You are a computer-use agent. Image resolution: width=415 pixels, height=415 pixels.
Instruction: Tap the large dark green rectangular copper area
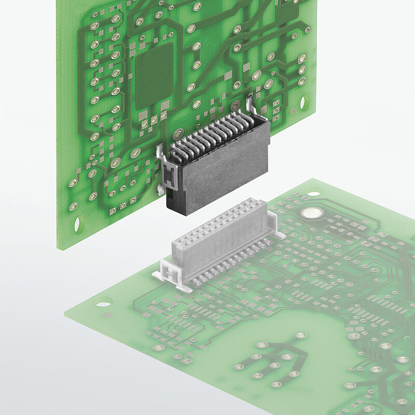pos(155,76)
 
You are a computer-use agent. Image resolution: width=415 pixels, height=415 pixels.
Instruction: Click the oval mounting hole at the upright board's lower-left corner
pos(79,224)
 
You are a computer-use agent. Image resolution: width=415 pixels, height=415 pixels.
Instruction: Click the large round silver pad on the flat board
pos(312,213)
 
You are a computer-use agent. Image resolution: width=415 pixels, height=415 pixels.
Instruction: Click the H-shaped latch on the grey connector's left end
pos(167,271)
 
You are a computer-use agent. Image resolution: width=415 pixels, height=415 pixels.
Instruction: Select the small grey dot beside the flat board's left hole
pos(107,315)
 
